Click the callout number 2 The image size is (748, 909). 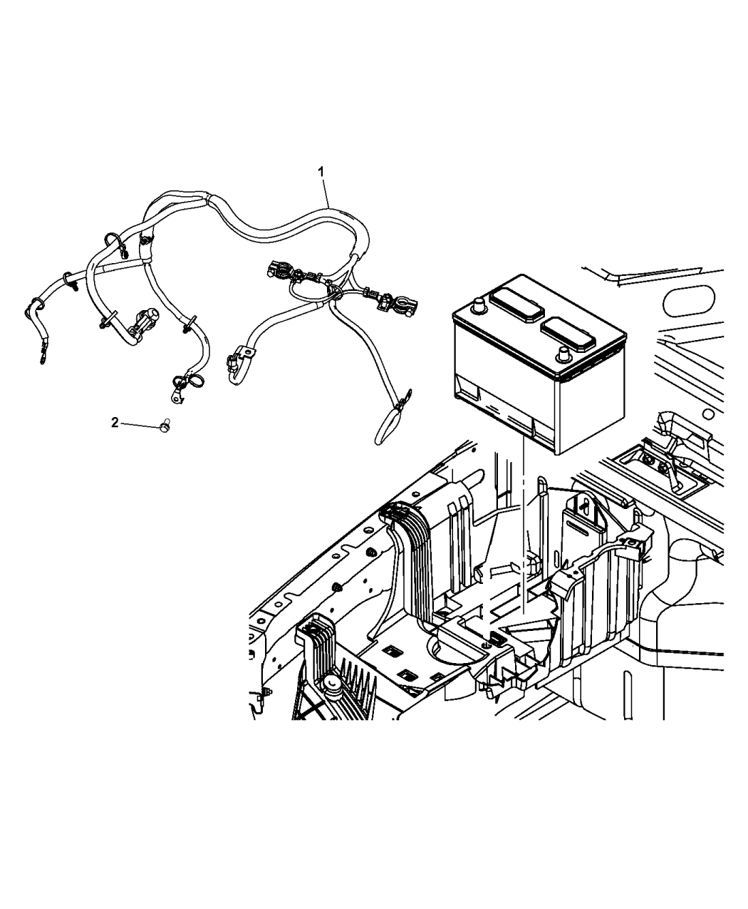pyautogui.click(x=115, y=422)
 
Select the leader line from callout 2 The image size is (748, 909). pyautogui.click(x=139, y=424)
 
